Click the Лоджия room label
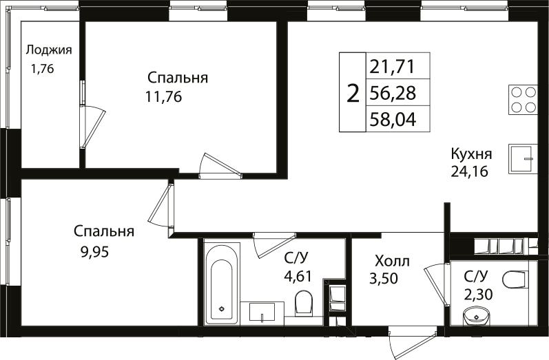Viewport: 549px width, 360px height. (x=49, y=50)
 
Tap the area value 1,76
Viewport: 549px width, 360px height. (x=41, y=68)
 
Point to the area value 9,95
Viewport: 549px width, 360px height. (x=94, y=251)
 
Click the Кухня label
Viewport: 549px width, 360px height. (x=471, y=153)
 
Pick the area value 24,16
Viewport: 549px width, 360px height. (x=469, y=172)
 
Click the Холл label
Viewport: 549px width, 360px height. (x=391, y=261)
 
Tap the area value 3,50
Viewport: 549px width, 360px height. (x=384, y=279)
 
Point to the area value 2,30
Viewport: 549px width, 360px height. (x=477, y=294)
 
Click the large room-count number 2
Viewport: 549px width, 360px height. (x=353, y=93)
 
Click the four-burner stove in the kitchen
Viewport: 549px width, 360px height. (x=523, y=99)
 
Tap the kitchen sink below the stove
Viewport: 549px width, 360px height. (x=523, y=159)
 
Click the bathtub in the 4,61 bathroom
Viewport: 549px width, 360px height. (x=222, y=283)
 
